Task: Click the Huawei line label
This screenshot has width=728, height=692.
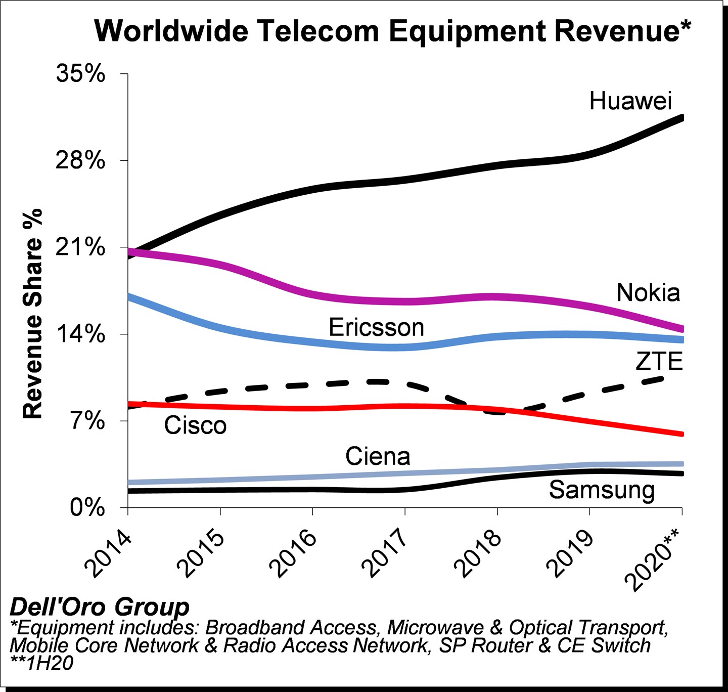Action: pos(630,101)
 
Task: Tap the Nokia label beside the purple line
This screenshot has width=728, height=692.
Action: pos(648,293)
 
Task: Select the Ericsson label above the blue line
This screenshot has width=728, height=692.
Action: pos(376,328)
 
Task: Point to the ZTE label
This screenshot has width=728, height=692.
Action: pos(659,362)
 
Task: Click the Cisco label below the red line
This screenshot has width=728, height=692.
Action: pos(195,425)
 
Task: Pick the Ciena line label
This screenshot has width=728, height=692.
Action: pos(378,457)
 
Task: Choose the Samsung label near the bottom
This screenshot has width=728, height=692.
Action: pos(602,490)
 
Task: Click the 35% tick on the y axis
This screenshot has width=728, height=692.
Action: pos(81,74)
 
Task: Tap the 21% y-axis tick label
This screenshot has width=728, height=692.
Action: pos(81,247)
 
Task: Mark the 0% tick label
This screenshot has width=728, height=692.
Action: pos(87,507)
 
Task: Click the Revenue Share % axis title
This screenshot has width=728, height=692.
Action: pos(33,314)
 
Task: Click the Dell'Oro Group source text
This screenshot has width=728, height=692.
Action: pos(100,607)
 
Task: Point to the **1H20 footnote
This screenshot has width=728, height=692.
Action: pos(42,663)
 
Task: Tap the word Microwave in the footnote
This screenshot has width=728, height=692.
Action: pos(435,628)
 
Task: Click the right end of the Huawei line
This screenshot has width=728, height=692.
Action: pos(681,118)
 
